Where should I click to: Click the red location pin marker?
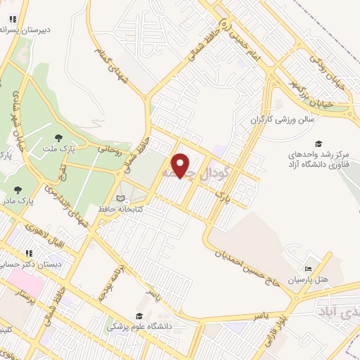pyautogui.click(x=181, y=165)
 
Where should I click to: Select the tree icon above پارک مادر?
pyautogui.click(x=18, y=190)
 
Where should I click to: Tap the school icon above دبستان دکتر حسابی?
pyautogui.click(x=29, y=253)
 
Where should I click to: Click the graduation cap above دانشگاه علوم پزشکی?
pyautogui.click(x=139, y=316)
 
